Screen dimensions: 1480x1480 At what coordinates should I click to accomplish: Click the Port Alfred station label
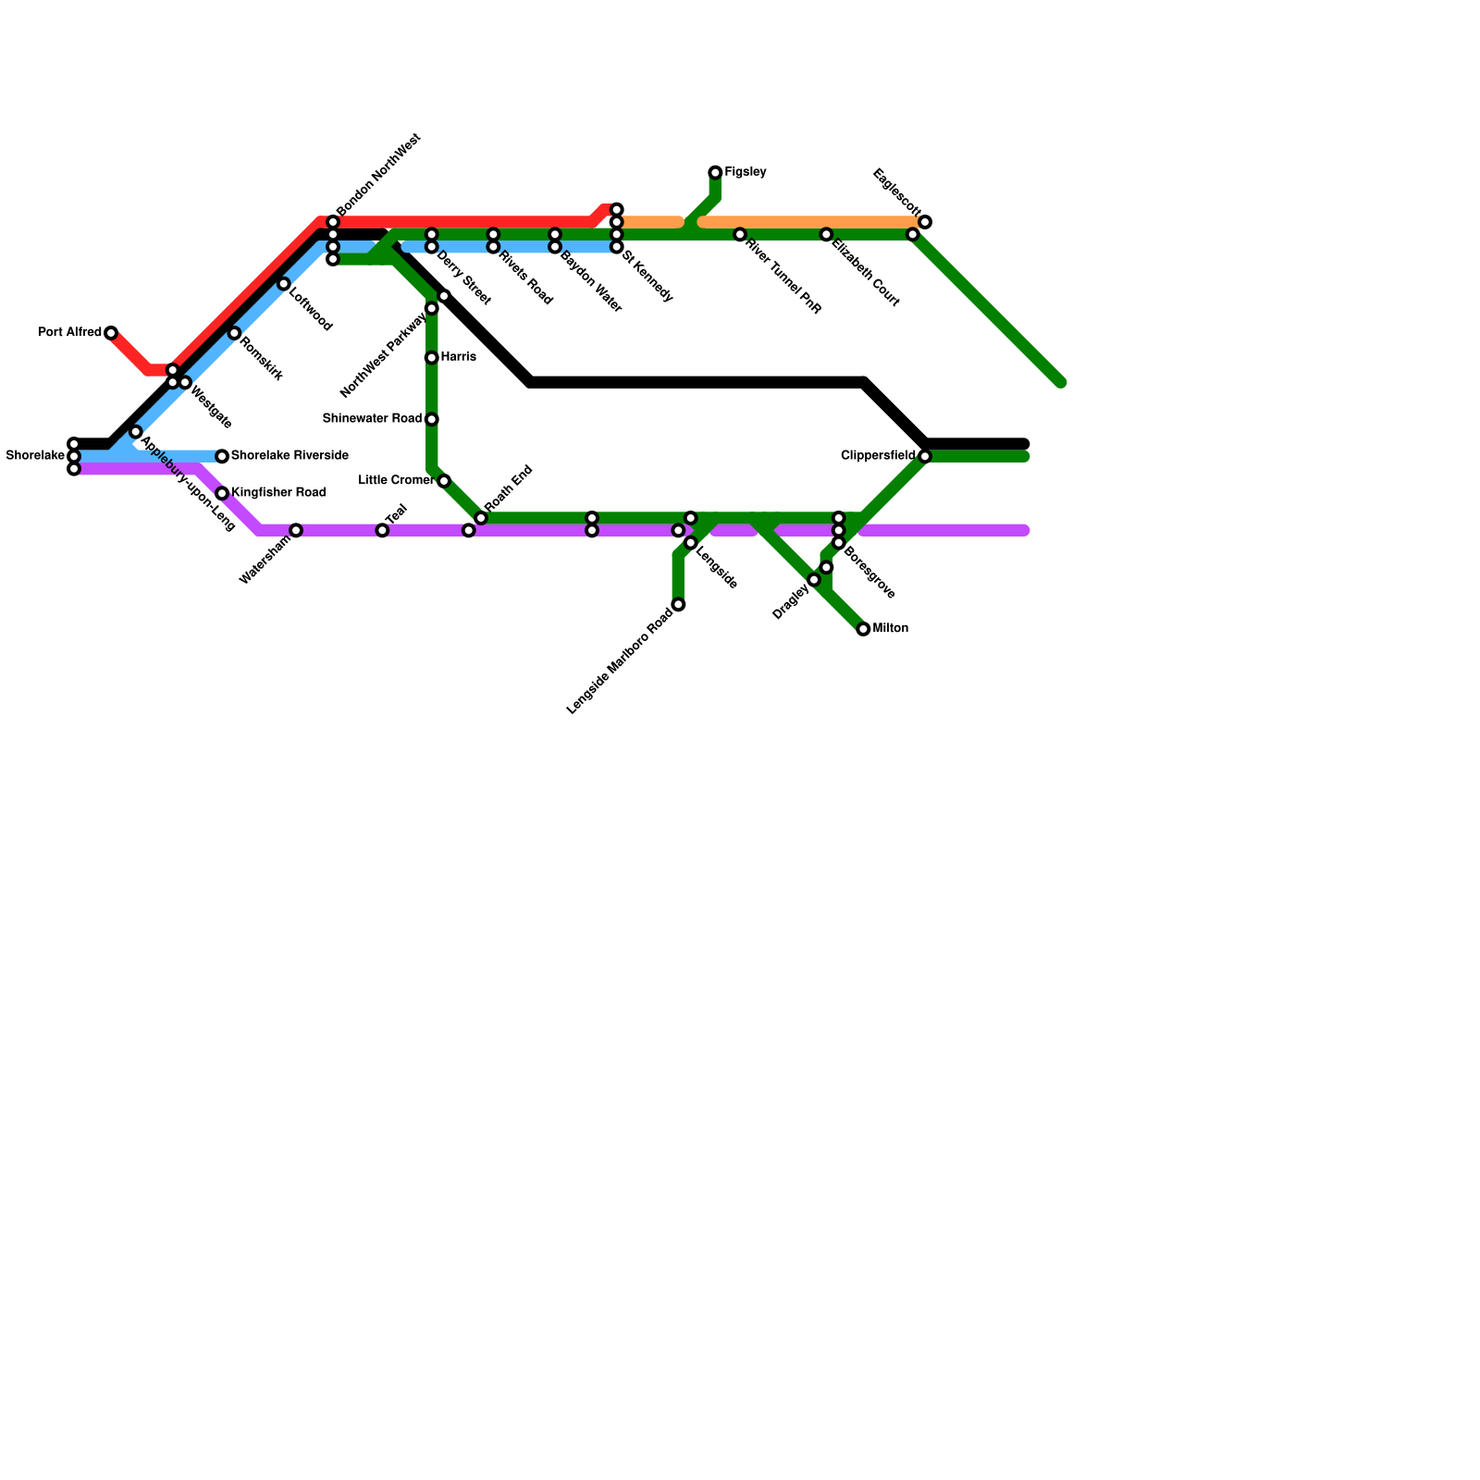tap(69, 332)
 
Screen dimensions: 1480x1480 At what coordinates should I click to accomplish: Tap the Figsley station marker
tap(715, 173)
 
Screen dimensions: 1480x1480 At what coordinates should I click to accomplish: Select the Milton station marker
tap(863, 629)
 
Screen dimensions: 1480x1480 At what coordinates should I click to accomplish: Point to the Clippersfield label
tap(878, 455)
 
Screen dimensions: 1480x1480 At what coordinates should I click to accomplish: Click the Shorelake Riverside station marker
tap(222, 456)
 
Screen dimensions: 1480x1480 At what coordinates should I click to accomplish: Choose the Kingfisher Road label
tap(277, 492)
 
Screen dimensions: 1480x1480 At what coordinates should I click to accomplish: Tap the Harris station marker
tap(431, 357)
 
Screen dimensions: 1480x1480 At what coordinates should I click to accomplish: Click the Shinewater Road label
tap(372, 418)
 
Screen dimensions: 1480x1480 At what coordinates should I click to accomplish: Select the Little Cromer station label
tap(396, 480)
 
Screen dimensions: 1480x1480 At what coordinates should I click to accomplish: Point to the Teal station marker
tap(382, 530)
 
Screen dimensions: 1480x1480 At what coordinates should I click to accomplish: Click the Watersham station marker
tap(296, 530)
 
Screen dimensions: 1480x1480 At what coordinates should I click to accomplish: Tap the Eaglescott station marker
tap(925, 222)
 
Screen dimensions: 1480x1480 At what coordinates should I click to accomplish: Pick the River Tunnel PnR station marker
tap(740, 235)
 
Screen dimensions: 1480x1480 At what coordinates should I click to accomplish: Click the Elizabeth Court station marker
tap(826, 235)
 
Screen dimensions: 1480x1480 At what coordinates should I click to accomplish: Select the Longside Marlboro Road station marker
tap(678, 605)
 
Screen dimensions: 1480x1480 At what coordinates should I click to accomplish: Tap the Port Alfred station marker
tap(111, 333)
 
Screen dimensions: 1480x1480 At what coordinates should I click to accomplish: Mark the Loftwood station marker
tap(284, 284)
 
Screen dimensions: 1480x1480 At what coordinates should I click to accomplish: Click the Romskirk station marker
tap(234, 333)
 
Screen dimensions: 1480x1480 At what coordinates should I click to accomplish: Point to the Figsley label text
tap(746, 172)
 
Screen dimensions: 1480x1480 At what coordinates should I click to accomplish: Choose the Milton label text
tap(891, 628)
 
